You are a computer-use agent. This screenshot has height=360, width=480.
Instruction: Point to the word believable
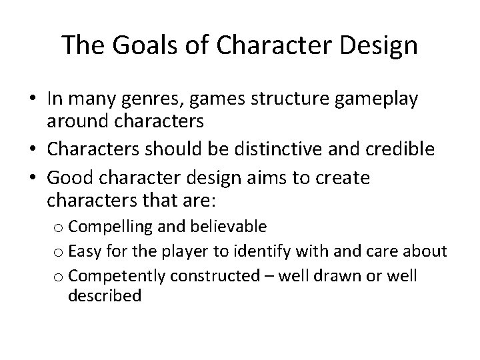click(x=229, y=227)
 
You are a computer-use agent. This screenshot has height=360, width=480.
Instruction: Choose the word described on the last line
click(x=104, y=296)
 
